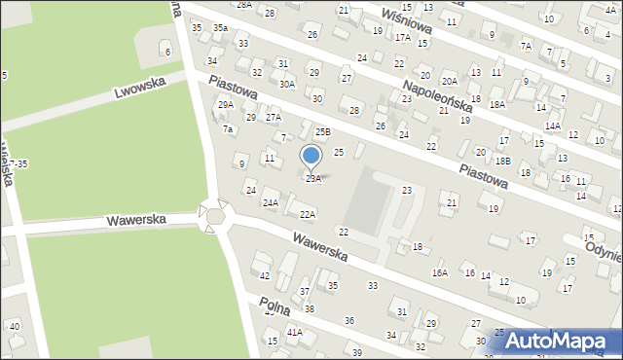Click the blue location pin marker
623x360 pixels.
coord(311,156)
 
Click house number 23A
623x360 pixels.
coord(312,179)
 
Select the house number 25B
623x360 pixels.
coord(322,131)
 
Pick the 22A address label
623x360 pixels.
coord(308,214)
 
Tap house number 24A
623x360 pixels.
coord(270,202)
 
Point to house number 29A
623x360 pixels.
coord(225,105)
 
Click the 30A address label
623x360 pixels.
coord(287,85)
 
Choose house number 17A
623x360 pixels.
coord(402,37)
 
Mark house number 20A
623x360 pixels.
coord(449,81)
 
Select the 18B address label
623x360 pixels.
coord(502,161)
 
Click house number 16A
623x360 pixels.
coord(440,274)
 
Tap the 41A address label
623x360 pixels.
coord(294,333)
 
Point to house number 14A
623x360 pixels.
coord(553,126)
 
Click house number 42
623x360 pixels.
coord(265,276)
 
